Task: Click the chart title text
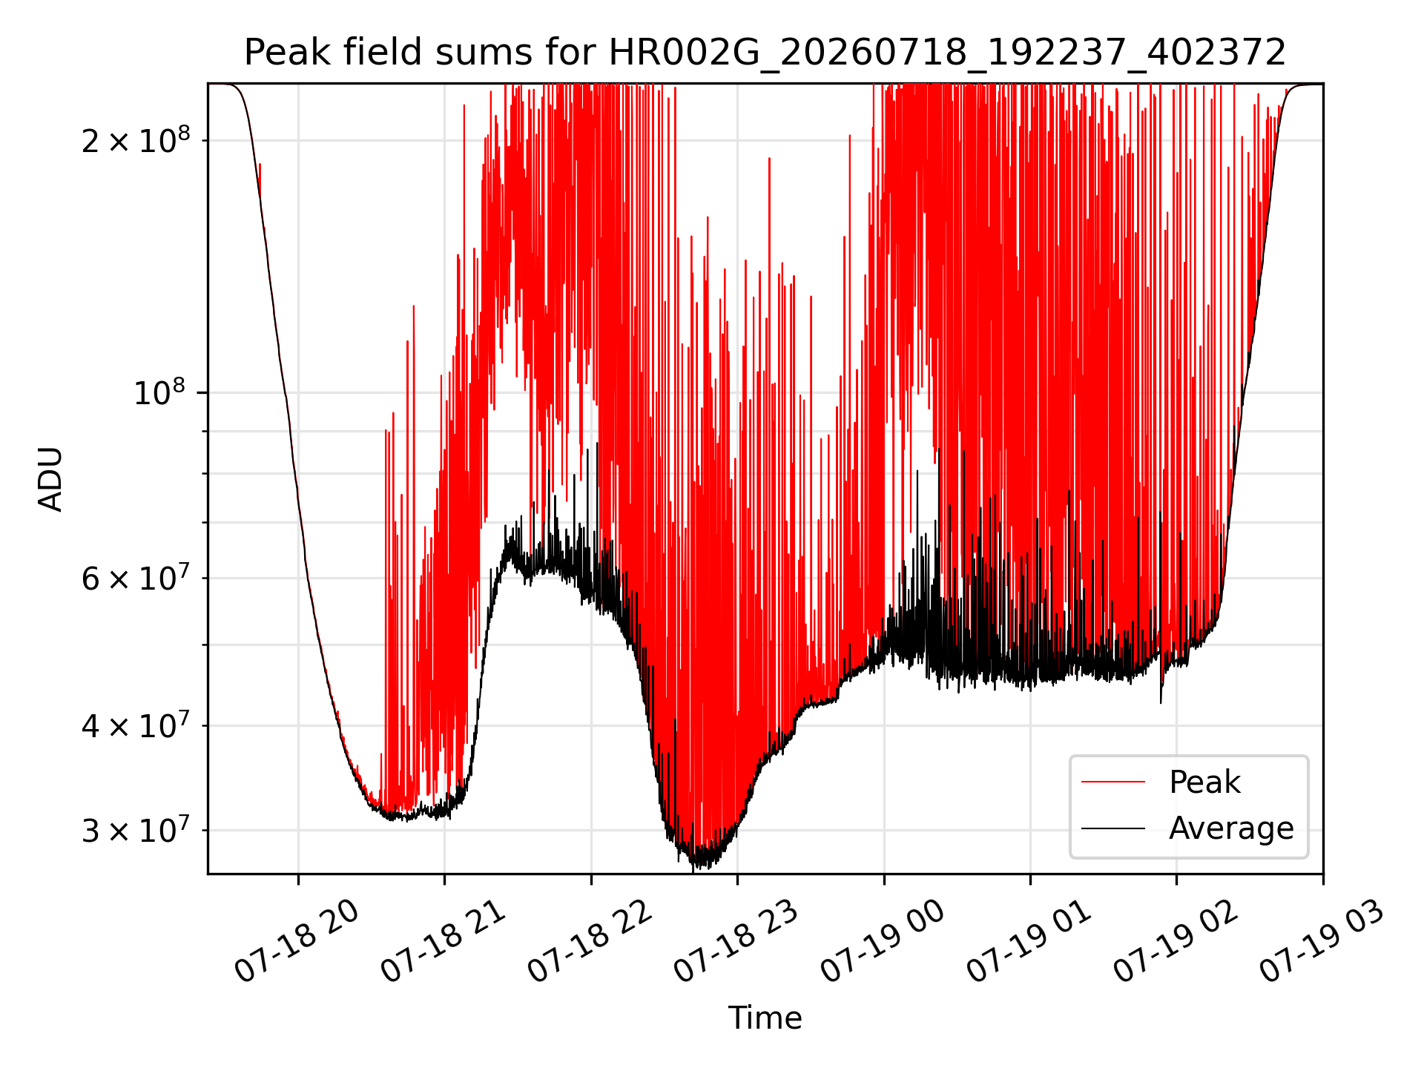765,53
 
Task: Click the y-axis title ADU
50,479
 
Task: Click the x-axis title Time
765,1018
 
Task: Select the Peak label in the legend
1204,782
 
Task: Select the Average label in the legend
1231,828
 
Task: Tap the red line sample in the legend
1113,782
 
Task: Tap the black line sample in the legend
1113,828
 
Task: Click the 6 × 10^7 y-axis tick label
136,576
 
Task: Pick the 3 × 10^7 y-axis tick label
136,829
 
